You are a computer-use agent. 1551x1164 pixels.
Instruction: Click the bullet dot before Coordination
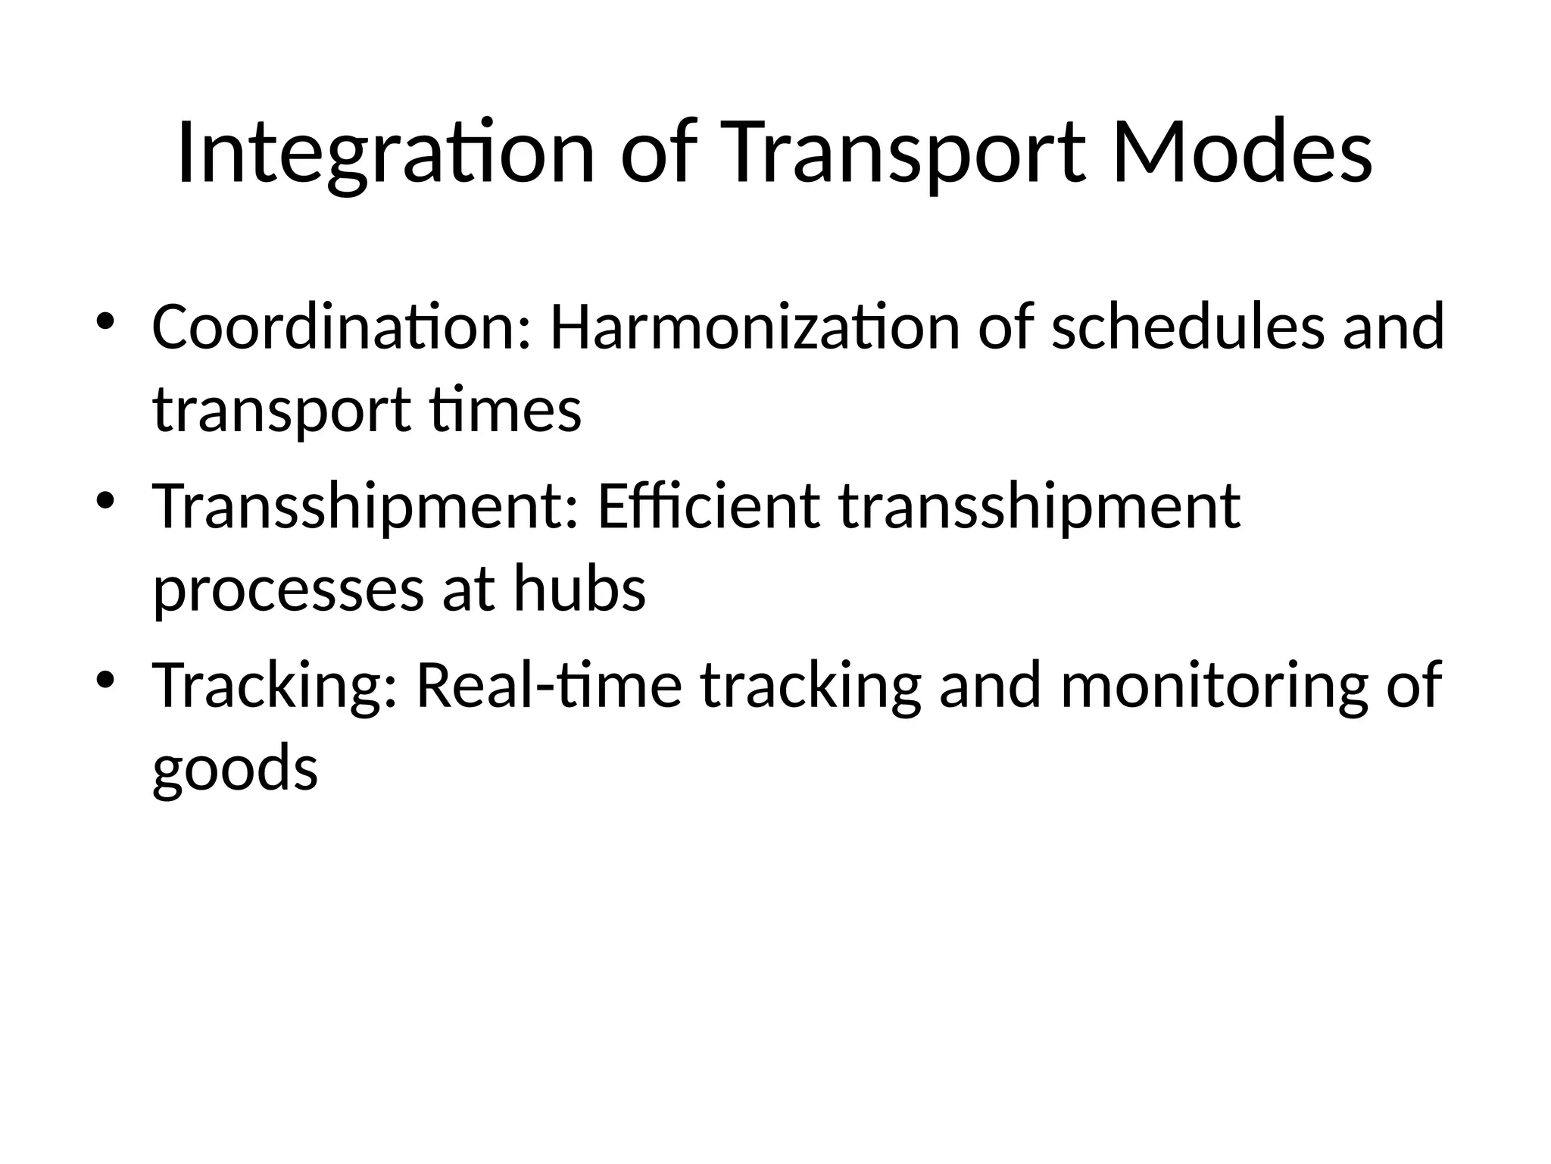[105, 321]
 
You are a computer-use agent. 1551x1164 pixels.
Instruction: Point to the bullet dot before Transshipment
[105, 500]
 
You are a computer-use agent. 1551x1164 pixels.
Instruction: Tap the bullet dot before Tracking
[105, 679]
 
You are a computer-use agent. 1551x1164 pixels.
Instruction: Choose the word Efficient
[708, 506]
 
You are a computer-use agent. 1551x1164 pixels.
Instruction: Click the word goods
[235, 768]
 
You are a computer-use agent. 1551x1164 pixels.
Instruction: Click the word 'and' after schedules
[1393, 327]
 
